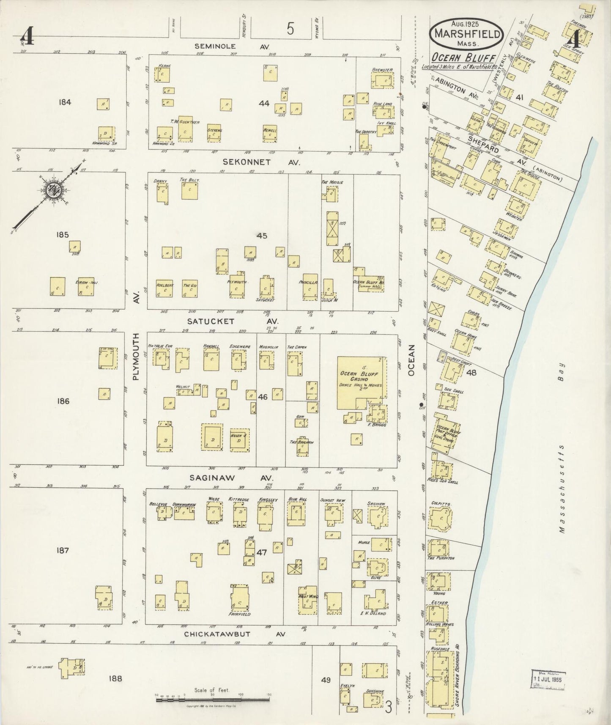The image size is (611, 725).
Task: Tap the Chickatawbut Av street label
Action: [x=235, y=634]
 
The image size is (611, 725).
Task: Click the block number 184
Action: [x=66, y=102]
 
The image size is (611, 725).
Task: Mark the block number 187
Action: [x=62, y=550]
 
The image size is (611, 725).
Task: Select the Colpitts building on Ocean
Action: [x=441, y=519]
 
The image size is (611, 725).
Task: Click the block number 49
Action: [x=326, y=680]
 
